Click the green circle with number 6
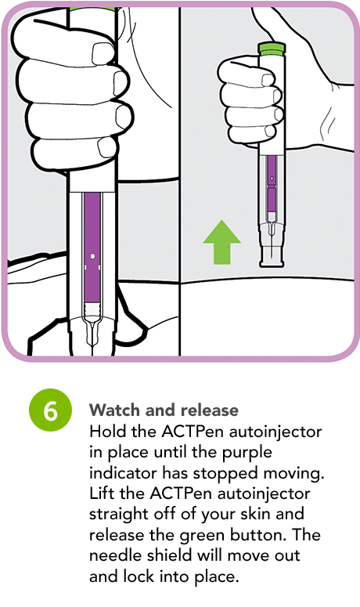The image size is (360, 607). (50, 411)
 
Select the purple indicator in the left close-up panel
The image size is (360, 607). (92, 251)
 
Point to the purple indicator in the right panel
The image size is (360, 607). (272, 184)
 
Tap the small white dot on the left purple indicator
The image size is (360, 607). (92, 256)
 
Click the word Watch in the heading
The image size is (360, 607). (112, 410)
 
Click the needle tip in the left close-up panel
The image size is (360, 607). (92, 345)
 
